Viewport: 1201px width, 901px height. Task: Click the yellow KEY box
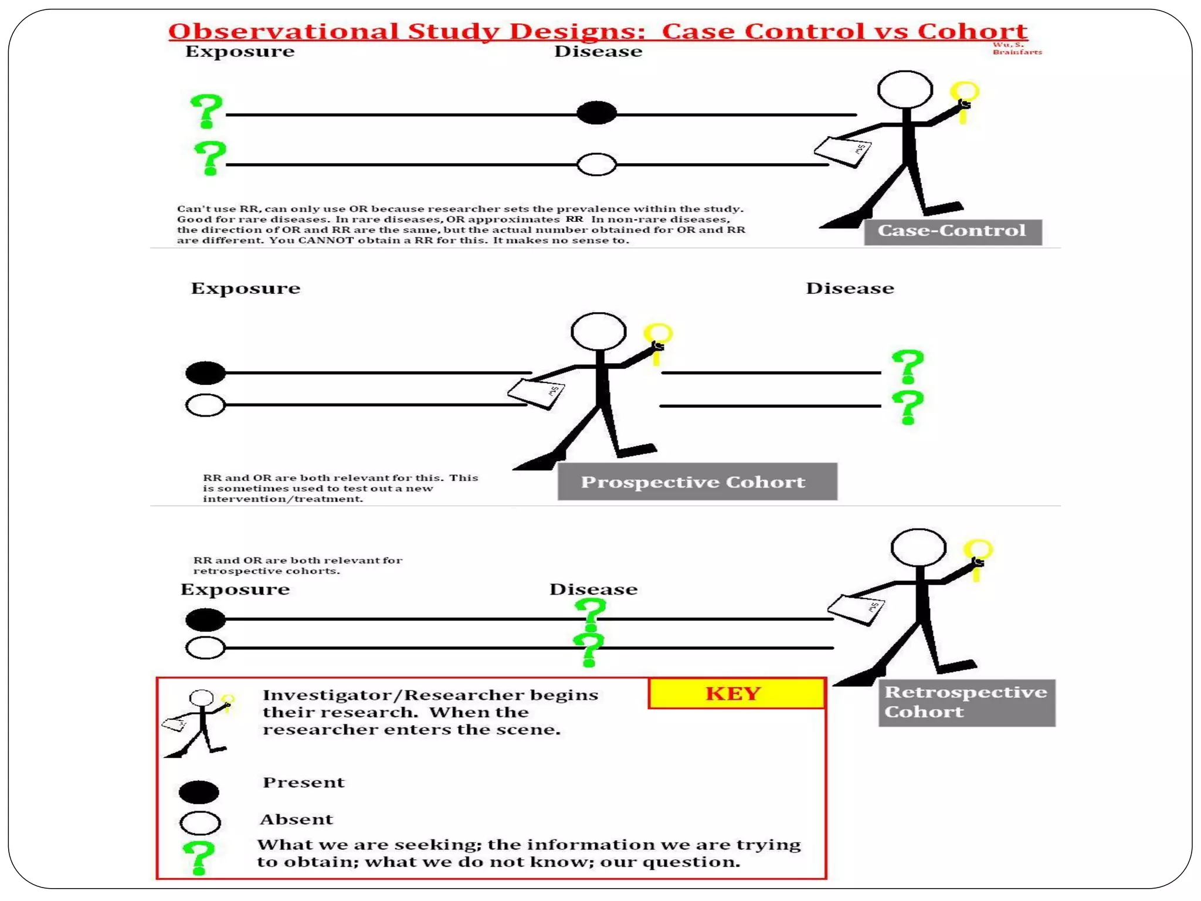tap(737, 693)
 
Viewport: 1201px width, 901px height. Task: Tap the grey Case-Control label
tap(952, 231)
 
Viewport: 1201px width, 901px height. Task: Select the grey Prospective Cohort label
tap(697, 482)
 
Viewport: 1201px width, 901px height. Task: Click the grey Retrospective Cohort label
tap(966, 702)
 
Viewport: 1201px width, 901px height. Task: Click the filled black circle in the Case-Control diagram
tap(596, 113)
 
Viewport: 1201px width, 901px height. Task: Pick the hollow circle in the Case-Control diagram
tap(596, 164)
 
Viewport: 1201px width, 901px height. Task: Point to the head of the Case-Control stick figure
tap(905, 90)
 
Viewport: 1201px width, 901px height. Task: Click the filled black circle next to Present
tap(199, 792)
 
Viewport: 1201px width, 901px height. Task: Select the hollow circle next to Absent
tap(200, 823)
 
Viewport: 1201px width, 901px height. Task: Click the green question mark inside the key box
tap(198, 857)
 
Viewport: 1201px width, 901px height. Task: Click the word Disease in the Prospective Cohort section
tap(850, 288)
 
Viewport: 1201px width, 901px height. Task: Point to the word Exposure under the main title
tap(240, 52)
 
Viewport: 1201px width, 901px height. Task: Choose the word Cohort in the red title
tap(972, 31)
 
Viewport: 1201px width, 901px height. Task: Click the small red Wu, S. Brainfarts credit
tap(1016, 49)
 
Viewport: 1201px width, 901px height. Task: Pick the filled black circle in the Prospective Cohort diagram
tap(205, 373)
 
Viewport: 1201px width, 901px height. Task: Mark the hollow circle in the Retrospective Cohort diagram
tap(205, 648)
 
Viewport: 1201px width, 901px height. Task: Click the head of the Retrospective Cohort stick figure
tap(918, 548)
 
